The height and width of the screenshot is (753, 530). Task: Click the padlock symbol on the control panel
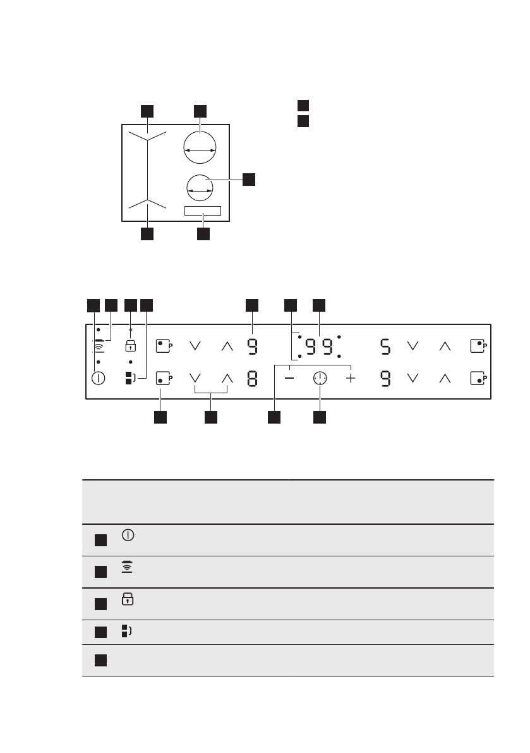131,346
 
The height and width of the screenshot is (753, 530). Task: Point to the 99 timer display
320,346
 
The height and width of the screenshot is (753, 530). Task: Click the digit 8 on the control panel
252,379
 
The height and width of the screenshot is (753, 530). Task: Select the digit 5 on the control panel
385,346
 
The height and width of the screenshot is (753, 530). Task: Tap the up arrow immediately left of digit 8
227,378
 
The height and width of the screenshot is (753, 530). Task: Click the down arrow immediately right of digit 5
413,346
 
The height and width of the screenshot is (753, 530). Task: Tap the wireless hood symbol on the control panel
99,345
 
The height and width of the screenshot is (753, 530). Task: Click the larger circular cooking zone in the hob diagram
199,149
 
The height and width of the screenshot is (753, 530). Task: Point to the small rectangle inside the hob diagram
202,211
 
